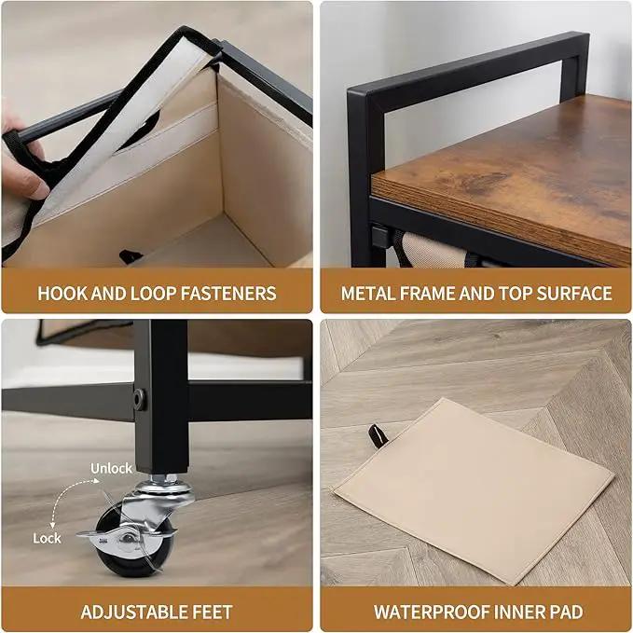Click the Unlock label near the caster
[111, 468]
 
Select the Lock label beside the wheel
[47, 538]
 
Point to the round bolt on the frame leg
[140, 400]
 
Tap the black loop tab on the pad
[378, 436]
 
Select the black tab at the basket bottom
[130, 255]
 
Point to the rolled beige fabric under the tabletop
[431, 250]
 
